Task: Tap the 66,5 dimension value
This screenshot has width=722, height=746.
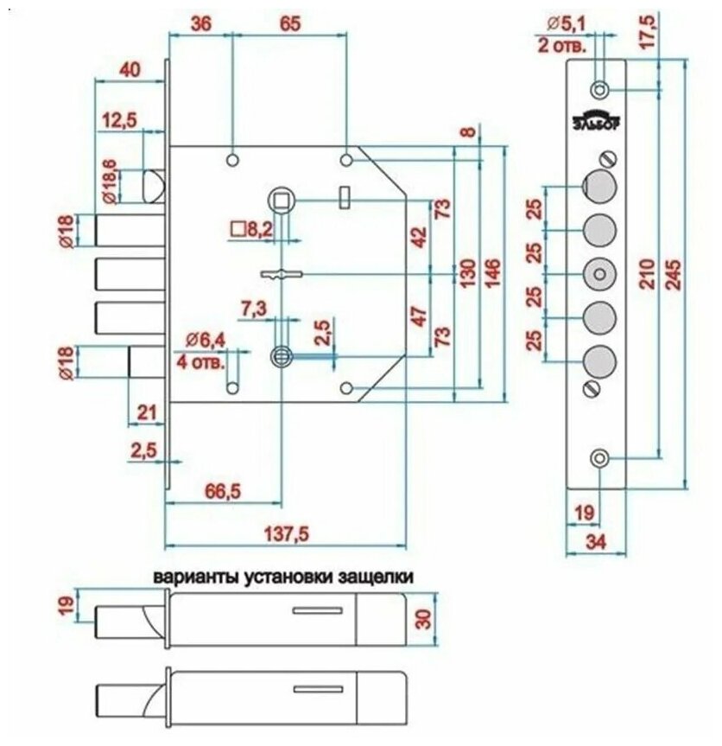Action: pos(221,490)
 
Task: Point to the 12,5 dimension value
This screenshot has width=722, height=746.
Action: pos(117,124)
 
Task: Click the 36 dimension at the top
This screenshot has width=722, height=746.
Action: pos(201,24)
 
